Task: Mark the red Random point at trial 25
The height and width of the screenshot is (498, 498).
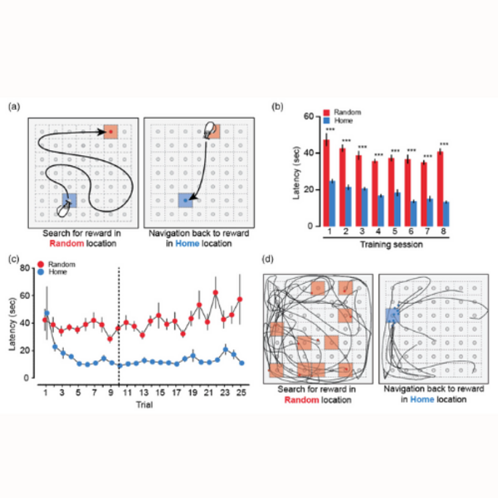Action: point(241,299)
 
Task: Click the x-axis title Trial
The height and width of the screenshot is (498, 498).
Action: point(143,402)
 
